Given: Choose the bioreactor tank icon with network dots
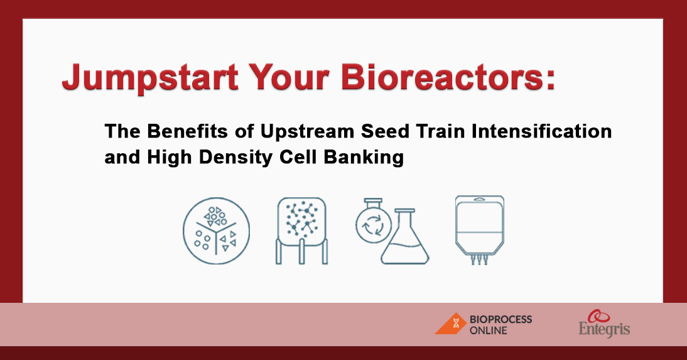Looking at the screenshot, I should point(301,230).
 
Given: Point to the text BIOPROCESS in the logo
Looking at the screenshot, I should point(500,319).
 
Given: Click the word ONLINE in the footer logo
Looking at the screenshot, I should point(489,330).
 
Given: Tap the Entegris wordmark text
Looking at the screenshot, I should point(604,329).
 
